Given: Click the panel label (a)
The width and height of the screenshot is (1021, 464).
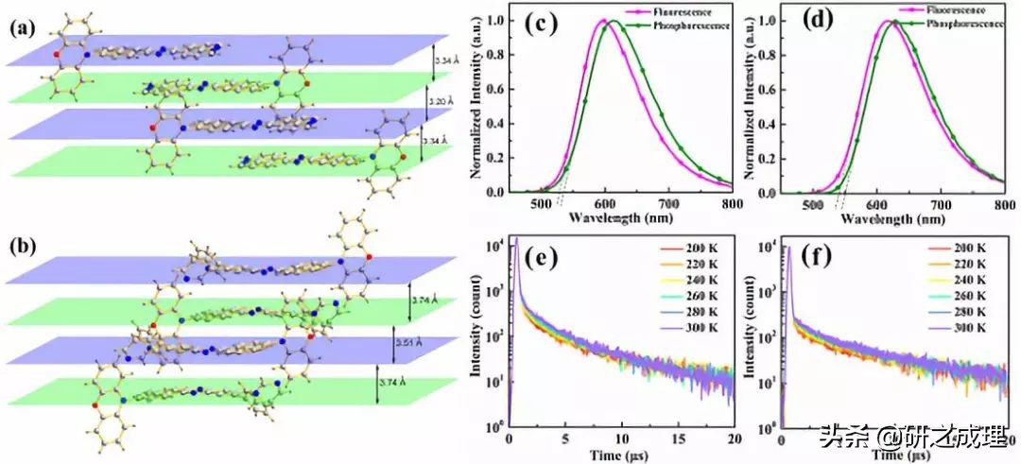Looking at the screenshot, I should click(22, 28).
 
